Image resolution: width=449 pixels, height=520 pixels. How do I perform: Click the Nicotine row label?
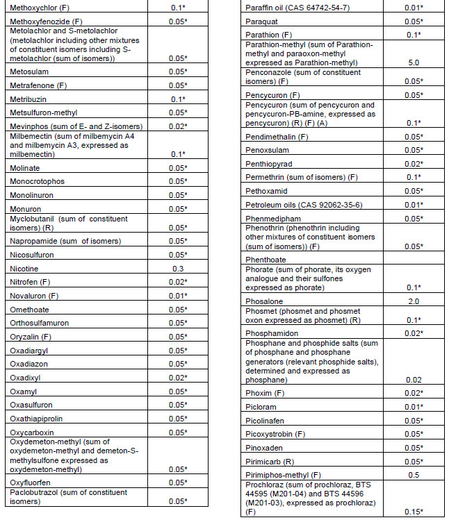coord(24,269)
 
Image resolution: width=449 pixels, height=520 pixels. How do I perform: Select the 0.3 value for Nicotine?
coord(178,269)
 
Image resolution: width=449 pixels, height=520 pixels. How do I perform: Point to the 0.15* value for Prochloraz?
coord(415,512)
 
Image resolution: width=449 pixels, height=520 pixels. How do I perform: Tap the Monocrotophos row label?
coord(37,182)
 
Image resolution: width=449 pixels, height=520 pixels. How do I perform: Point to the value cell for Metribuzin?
coord(178,99)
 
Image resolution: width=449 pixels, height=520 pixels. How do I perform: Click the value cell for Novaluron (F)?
coord(178,296)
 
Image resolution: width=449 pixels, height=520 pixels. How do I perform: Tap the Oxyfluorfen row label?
coord(31,483)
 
